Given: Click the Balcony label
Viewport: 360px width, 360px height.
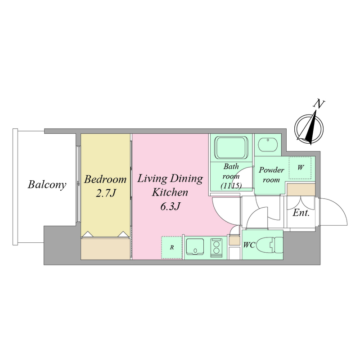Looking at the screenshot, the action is click(x=47, y=185).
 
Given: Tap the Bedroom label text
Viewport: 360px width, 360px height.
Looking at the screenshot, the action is click(x=105, y=179).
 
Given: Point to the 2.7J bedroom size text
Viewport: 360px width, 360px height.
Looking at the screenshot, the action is click(x=105, y=193).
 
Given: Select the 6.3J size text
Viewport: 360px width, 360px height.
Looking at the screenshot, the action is click(x=170, y=206).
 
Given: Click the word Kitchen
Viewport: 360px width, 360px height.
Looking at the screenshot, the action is click(x=170, y=192).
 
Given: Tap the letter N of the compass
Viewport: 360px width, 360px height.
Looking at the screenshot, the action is click(x=319, y=104).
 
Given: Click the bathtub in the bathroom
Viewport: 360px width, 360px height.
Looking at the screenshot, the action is click(x=231, y=148).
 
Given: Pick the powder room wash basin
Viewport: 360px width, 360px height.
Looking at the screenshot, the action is click(x=268, y=145).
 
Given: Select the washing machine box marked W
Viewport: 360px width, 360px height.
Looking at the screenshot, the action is click(x=300, y=168).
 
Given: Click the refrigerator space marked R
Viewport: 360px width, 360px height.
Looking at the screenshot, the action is click(x=172, y=247).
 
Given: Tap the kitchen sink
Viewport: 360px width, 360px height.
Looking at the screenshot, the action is click(x=195, y=246).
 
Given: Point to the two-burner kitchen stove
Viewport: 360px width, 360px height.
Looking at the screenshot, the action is click(x=216, y=246).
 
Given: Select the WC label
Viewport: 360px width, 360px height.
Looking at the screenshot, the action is click(x=249, y=245).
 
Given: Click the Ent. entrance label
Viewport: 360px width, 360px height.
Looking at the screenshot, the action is click(x=301, y=213).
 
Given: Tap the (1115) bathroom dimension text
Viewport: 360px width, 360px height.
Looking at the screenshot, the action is click(x=231, y=186).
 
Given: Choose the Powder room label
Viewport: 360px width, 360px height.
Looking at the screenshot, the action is click(x=271, y=175).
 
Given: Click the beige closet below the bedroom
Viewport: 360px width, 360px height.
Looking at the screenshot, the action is click(x=105, y=249).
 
